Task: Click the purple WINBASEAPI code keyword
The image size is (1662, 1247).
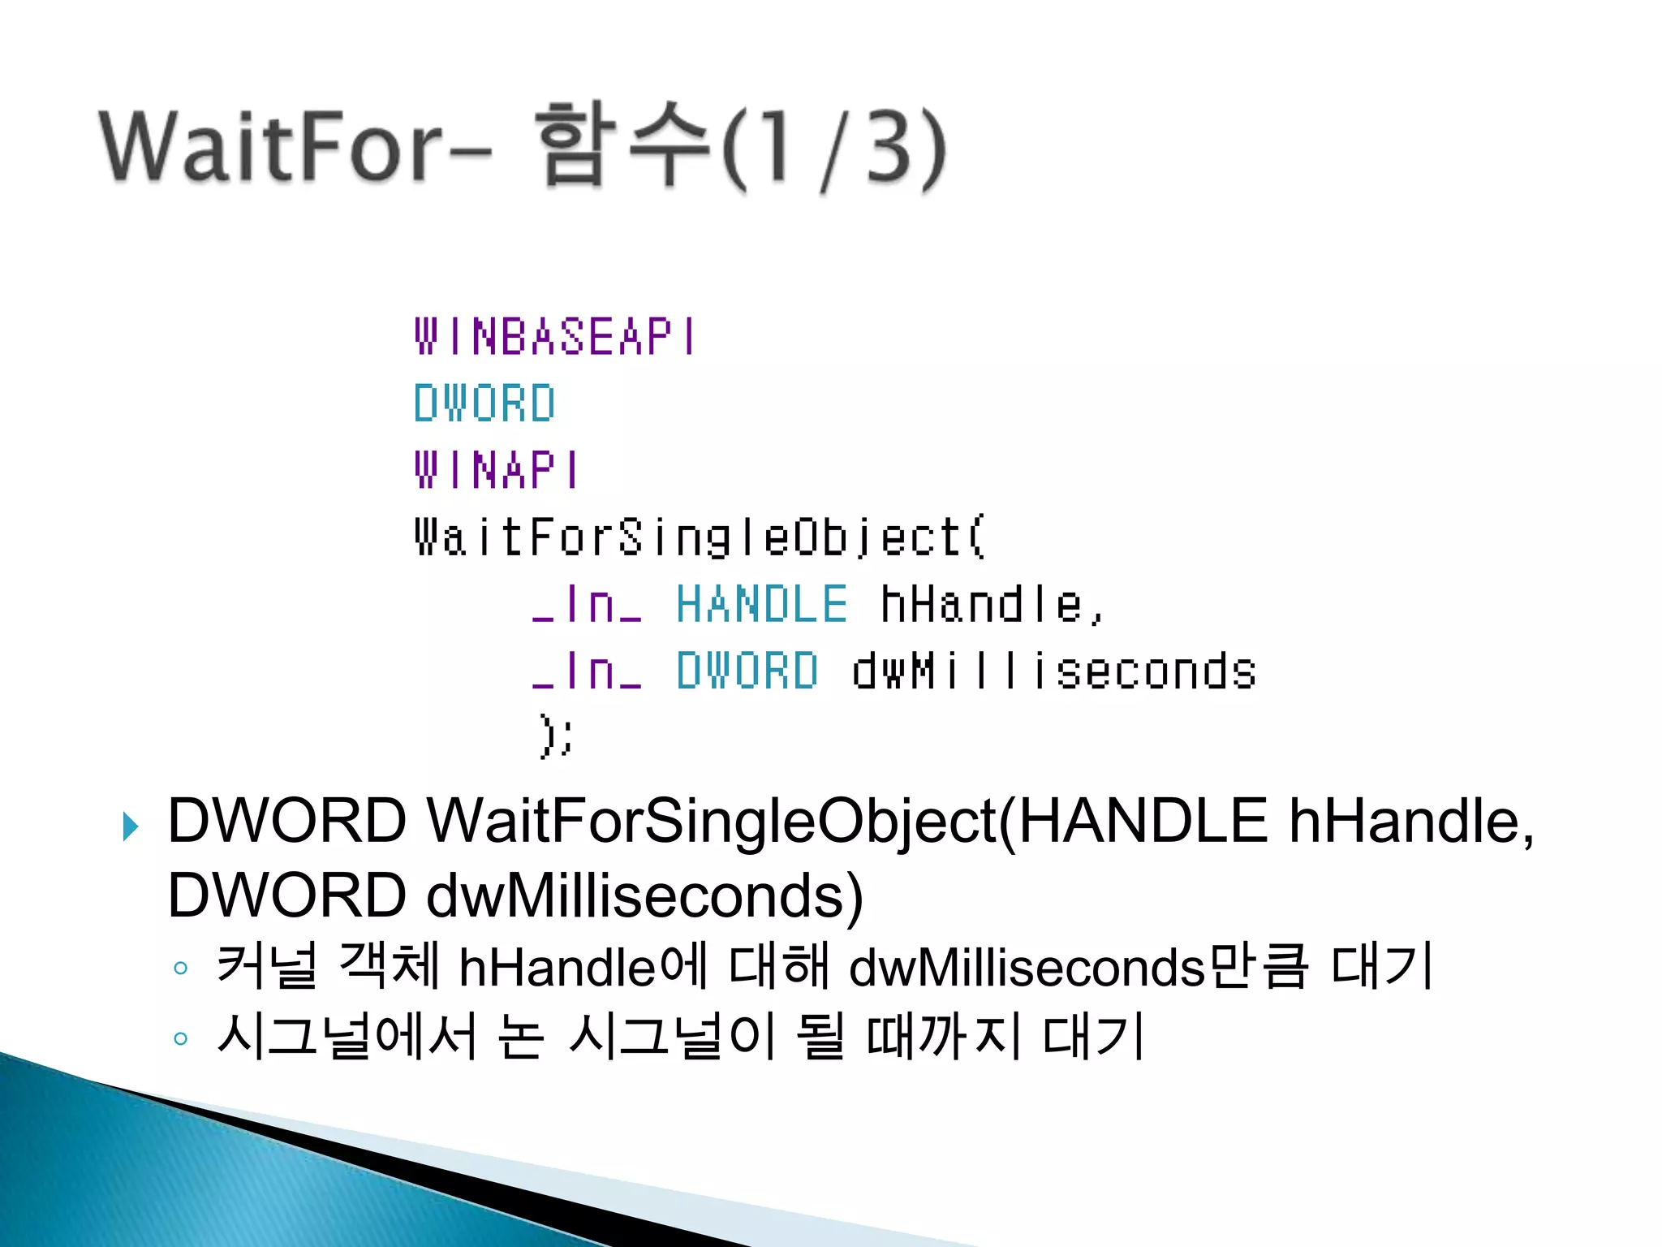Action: [x=555, y=337]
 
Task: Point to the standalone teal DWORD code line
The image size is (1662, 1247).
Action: [x=484, y=403]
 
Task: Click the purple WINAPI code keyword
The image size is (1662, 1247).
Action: [x=497, y=470]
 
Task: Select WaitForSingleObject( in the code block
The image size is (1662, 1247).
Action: [x=700, y=537]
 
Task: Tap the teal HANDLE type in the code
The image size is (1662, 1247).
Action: [x=761, y=605]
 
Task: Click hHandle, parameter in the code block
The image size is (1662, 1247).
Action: [x=992, y=605]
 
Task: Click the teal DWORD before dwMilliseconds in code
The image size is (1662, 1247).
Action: [x=747, y=671]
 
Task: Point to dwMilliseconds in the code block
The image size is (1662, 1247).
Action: [x=1053, y=671]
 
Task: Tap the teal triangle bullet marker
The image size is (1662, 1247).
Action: [x=130, y=826]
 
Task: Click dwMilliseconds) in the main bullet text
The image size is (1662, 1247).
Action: [x=644, y=895]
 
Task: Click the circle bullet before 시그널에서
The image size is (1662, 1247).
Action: [x=181, y=1038]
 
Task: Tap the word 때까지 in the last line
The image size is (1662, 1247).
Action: [x=943, y=1037]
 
